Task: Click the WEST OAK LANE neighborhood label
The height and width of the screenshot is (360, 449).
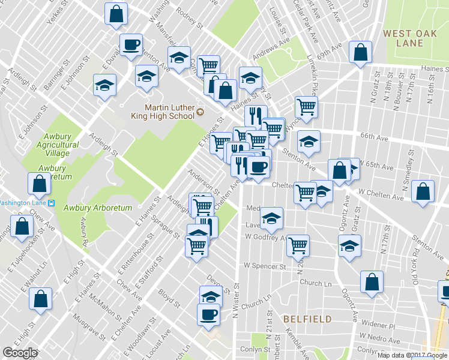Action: (x=411, y=38)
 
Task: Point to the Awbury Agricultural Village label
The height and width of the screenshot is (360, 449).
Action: (x=58, y=145)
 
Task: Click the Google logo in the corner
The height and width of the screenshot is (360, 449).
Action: (x=20, y=353)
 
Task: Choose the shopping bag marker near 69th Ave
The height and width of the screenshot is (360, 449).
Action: (x=360, y=53)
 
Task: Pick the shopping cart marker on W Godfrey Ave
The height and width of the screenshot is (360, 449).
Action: (x=298, y=245)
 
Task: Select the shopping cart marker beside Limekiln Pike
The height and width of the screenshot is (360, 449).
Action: (x=306, y=107)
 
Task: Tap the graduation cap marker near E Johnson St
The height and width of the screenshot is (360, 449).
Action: (x=105, y=85)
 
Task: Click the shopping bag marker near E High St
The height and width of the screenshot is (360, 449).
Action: (x=41, y=298)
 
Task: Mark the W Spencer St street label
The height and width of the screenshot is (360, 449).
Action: (x=264, y=265)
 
